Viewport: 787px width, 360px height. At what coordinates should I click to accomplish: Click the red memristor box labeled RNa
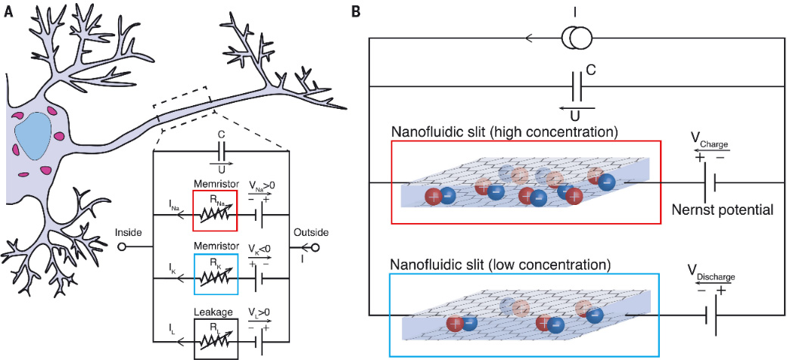(215, 209)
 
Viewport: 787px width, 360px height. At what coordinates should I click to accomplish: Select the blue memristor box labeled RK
(215, 274)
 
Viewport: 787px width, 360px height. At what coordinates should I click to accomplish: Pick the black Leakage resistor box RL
(216, 337)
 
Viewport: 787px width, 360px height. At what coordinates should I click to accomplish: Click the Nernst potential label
(723, 209)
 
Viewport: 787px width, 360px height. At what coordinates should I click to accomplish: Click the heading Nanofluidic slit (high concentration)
(505, 132)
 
